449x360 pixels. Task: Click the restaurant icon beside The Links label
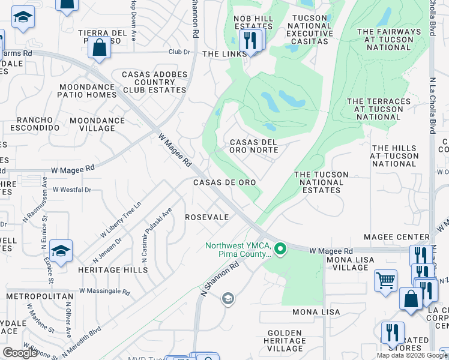coord(249,41)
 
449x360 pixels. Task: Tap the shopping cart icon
coord(385,280)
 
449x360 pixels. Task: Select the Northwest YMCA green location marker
coord(279,248)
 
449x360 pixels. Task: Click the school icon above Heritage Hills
coord(61,250)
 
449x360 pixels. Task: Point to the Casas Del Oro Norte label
coord(254,146)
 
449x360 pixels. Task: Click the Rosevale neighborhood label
coord(206,217)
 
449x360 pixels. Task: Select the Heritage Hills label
coord(113,270)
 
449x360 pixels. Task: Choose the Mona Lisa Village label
coord(350,264)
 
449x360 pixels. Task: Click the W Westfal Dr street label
coord(71,190)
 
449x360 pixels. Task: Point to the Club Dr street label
coord(179,52)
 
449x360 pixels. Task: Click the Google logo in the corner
coord(20,353)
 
